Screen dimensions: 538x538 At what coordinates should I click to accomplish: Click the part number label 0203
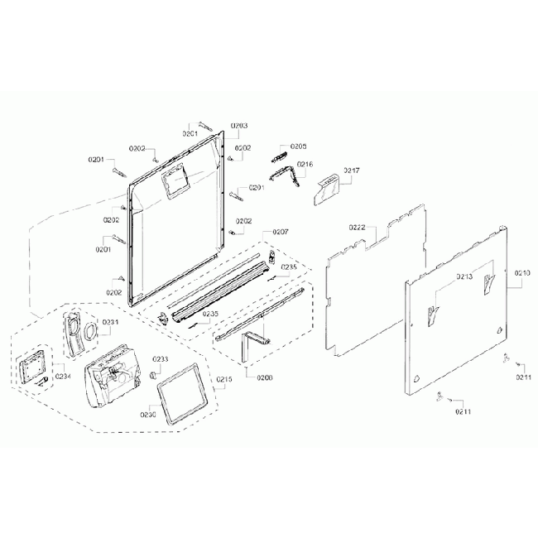click(238, 126)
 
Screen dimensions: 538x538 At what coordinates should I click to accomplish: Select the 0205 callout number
click(298, 145)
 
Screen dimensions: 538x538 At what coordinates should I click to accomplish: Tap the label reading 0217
click(352, 171)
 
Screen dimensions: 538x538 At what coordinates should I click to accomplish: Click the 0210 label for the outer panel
click(522, 272)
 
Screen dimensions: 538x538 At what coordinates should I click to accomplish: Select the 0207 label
click(281, 231)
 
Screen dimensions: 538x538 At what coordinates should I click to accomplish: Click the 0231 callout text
click(110, 322)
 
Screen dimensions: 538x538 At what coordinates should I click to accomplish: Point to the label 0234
click(63, 377)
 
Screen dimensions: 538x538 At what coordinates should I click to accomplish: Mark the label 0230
click(148, 415)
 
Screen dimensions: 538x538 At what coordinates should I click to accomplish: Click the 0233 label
click(160, 359)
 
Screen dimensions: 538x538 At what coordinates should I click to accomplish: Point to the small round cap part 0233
click(153, 375)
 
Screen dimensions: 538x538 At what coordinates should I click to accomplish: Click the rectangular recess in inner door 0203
click(175, 181)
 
